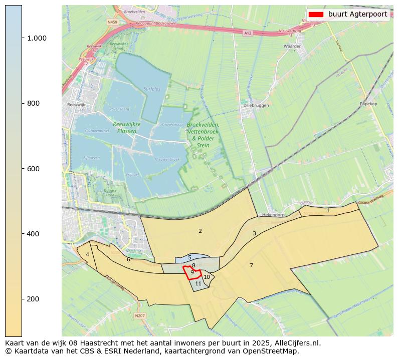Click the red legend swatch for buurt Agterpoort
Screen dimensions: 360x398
(x=316, y=15)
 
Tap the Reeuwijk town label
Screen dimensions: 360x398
(x=76, y=105)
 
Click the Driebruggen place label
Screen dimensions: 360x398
(x=256, y=106)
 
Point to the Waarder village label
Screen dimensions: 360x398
(x=292, y=46)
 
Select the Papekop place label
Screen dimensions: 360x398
(x=368, y=104)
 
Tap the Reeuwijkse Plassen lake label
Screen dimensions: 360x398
(x=127, y=127)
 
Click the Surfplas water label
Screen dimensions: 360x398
(x=152, y=89)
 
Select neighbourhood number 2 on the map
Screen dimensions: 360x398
(x=200, y=231)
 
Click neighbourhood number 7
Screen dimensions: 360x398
(x=251, y=265)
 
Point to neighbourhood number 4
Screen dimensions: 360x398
(x=87, y=254)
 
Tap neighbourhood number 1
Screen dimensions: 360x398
(x=328, y=210)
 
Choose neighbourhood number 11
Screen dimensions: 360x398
(x=198, y=283)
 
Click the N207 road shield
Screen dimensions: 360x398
(x=140, y=315)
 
